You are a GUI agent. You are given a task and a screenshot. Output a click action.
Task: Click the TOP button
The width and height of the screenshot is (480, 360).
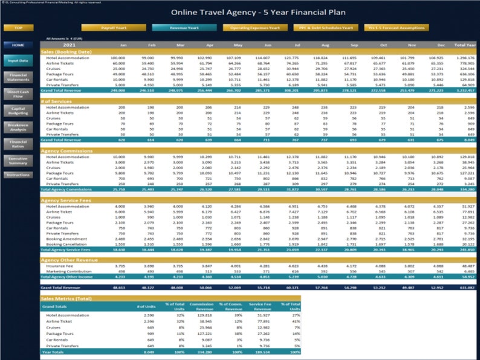tap(19, 28)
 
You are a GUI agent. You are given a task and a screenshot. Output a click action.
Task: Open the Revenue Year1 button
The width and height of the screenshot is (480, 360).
tap(175, 28)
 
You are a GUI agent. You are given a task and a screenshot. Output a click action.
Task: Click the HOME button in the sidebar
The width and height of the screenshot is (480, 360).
tap(18, 45)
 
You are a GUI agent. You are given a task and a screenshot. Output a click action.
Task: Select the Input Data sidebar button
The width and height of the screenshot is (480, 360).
tap(18, 61)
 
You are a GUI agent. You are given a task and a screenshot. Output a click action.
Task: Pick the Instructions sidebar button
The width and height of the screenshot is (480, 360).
tap(18, 175)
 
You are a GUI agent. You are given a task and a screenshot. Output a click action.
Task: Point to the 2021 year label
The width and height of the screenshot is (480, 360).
tap(70, 45)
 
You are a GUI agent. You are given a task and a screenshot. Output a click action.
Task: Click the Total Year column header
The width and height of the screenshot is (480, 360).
tap(464, 45)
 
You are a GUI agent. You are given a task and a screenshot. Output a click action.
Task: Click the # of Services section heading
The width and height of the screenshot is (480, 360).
tap(57, 100)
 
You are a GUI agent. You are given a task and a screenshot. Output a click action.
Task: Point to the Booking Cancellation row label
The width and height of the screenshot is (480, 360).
tap(68, 244)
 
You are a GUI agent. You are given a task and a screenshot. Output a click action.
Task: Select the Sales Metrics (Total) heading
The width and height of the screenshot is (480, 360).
tap(66, 299)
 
